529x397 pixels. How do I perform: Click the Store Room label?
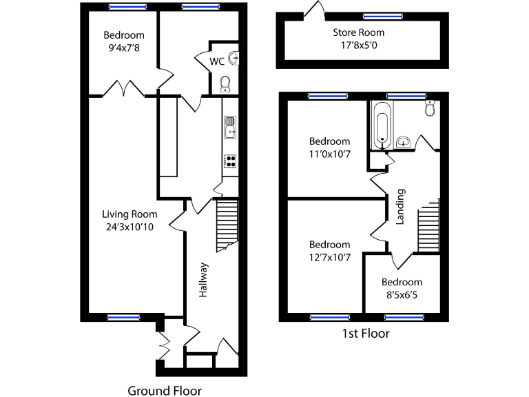tap(358, 32)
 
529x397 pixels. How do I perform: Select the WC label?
tap(216, 61)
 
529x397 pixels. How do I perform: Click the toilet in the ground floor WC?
tap(224, 83)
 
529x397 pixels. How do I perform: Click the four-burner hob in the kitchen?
tap(229, 161)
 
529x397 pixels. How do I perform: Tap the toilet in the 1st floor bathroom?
tap(431, 108)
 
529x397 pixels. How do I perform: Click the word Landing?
tap(400, 207)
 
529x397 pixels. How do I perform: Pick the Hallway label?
tap(203, 281)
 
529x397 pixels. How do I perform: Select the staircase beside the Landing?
tap(428, 226)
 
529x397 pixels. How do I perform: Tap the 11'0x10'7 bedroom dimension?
tap(329, 154)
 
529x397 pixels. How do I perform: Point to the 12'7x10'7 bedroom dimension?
tap(329, 258)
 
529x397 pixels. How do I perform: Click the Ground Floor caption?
tap(163, 391)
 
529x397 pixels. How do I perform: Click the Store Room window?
tap(377, 17)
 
